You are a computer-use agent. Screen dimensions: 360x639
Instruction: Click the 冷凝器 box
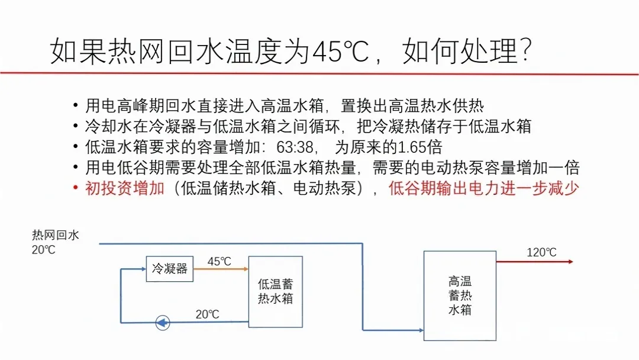170,269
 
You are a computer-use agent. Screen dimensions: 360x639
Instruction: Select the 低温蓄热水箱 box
275,291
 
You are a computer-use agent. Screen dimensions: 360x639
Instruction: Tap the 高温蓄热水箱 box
460,295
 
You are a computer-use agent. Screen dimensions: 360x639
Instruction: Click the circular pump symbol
162,323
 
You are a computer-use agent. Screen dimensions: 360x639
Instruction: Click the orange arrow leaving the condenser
220,269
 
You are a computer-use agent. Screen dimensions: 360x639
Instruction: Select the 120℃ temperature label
541,253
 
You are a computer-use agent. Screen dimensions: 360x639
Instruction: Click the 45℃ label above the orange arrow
219,261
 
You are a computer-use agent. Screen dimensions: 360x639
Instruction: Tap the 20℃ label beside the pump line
207,314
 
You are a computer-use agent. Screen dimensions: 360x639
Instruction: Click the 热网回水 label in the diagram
55,236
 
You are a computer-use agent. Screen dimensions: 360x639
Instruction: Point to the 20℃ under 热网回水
44,250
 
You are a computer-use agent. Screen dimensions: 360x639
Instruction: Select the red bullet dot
75,188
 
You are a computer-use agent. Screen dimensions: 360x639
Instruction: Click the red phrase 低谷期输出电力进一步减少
483,188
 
